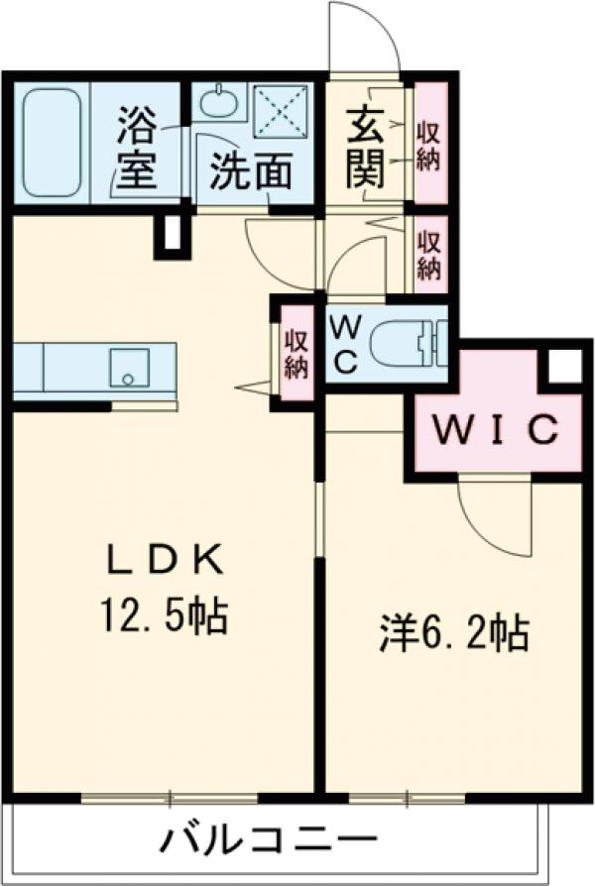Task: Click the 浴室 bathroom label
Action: tap(137, 149)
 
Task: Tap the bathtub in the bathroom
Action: tap(52, 141)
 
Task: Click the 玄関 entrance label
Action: tap(365, 150)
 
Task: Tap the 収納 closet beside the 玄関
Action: tap(429, 145)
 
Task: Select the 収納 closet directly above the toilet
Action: tap(429, 254)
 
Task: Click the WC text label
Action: tap(344, 343)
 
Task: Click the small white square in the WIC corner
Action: tap(565, 367)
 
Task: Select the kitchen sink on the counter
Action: tap(128, 365)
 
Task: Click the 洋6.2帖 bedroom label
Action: tap(452, 632)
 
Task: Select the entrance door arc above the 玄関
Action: tap(363, 38)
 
